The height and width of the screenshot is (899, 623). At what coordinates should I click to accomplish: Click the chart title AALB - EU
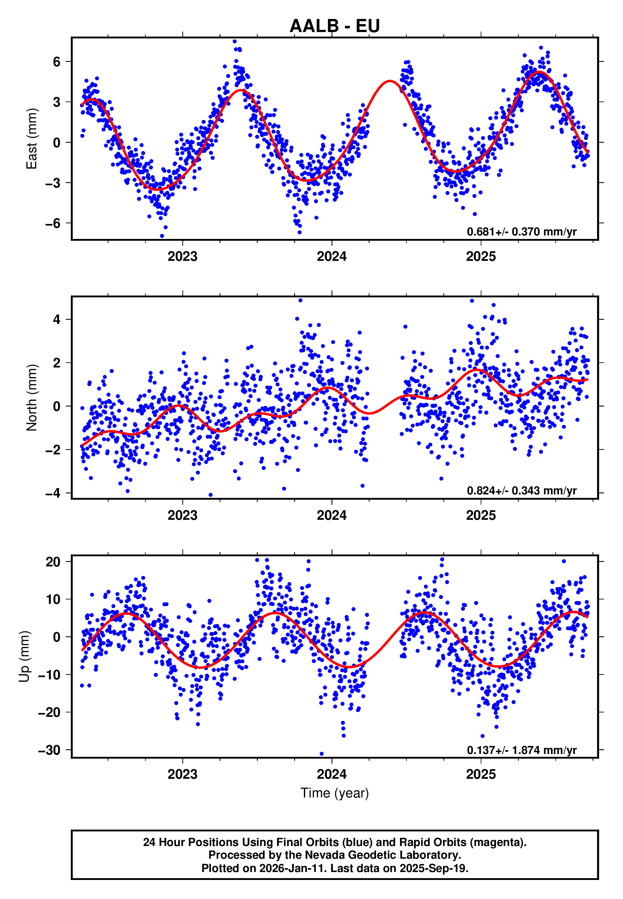335,26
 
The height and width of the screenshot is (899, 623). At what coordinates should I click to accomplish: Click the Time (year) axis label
335,793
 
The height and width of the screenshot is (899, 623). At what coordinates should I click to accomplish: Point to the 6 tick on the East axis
57,62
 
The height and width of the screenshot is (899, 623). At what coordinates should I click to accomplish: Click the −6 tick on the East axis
53,223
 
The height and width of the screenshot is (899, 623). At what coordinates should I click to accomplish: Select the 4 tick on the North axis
57,320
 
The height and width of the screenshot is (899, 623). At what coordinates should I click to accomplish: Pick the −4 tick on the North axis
53,493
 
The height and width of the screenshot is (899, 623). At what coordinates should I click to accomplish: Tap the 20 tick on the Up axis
53,562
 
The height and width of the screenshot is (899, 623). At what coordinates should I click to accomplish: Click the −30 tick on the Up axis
49,750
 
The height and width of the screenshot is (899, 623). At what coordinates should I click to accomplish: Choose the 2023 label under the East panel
182,257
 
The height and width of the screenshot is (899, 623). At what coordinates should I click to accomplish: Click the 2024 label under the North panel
332,516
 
